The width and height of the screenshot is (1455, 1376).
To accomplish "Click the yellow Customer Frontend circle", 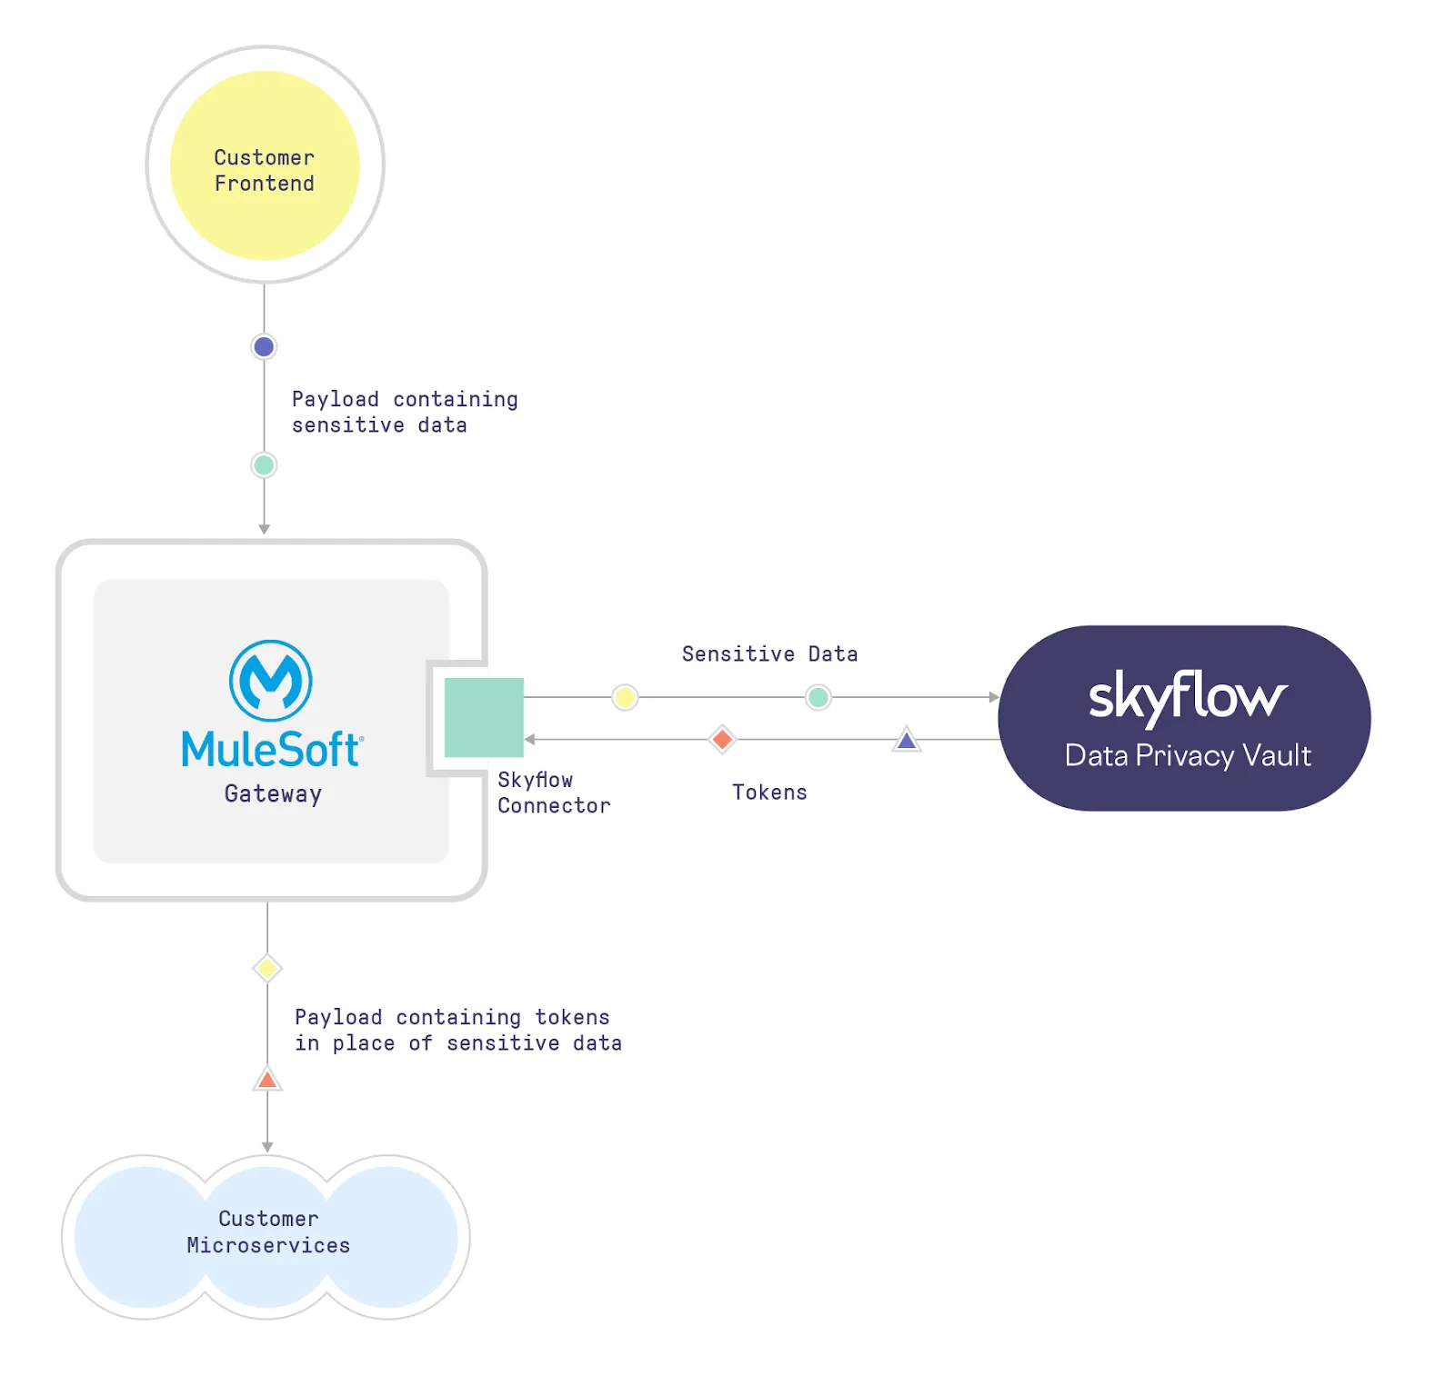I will tap(265, 165).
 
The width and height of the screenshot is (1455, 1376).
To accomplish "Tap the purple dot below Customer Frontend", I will tap(264, 346).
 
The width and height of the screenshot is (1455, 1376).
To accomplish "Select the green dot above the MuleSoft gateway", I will tap(264, 465).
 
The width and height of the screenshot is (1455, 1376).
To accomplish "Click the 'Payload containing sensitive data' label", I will tap(404, 412).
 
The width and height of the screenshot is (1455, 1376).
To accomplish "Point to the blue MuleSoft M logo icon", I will tap(271, 681).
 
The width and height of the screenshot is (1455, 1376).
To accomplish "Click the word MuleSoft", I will tap(272, 750).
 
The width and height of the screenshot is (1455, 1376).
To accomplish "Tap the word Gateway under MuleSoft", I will tap(273, 793).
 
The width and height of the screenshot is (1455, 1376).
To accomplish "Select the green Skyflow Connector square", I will tap(484, 717).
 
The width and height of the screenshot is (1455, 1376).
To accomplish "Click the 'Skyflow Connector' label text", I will tap(553, 793).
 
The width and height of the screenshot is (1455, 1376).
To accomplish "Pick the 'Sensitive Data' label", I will tap(769, 653).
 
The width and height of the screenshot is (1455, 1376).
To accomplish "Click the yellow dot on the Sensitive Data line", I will tap(625, 697).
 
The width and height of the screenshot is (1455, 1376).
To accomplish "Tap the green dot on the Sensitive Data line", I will tap(818, 697).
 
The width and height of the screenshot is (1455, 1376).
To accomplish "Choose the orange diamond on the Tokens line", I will tap(722, 739).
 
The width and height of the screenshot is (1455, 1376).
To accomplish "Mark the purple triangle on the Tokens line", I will tap(907, 740).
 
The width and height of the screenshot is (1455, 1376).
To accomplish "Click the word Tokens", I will tap(769, 793).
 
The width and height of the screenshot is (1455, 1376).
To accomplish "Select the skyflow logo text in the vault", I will tap(1188, 697).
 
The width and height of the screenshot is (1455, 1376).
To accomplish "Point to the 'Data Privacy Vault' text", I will tap(1188, 755).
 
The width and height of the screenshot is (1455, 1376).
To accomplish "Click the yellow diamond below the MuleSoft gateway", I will tap(267, 968).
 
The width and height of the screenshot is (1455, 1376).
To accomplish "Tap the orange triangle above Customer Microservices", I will tap(267, 1080).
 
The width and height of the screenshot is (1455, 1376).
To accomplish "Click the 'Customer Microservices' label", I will tap(268, 1231).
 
